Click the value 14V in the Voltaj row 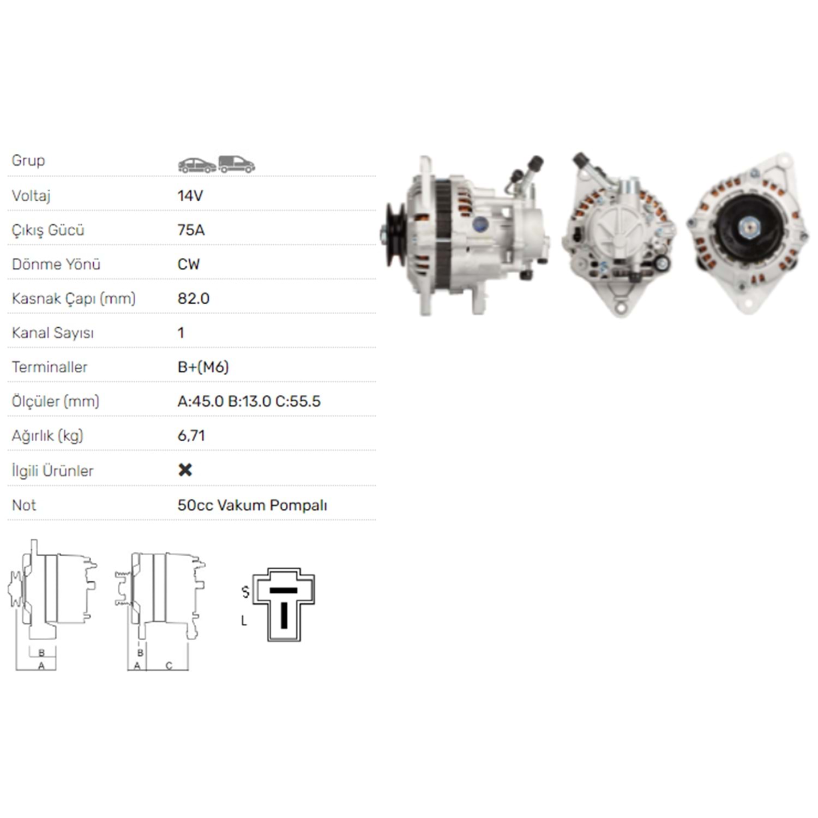coord(190,196)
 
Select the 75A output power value coord(191,230)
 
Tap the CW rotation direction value coord(189,264)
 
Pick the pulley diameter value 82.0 coord(193,299)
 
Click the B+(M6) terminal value coord(203,367)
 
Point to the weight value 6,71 coord(191,436)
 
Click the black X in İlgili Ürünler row coord(185,470)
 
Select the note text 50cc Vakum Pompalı coord(252,506)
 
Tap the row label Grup coord(28,161)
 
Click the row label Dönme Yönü coord(56,264)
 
